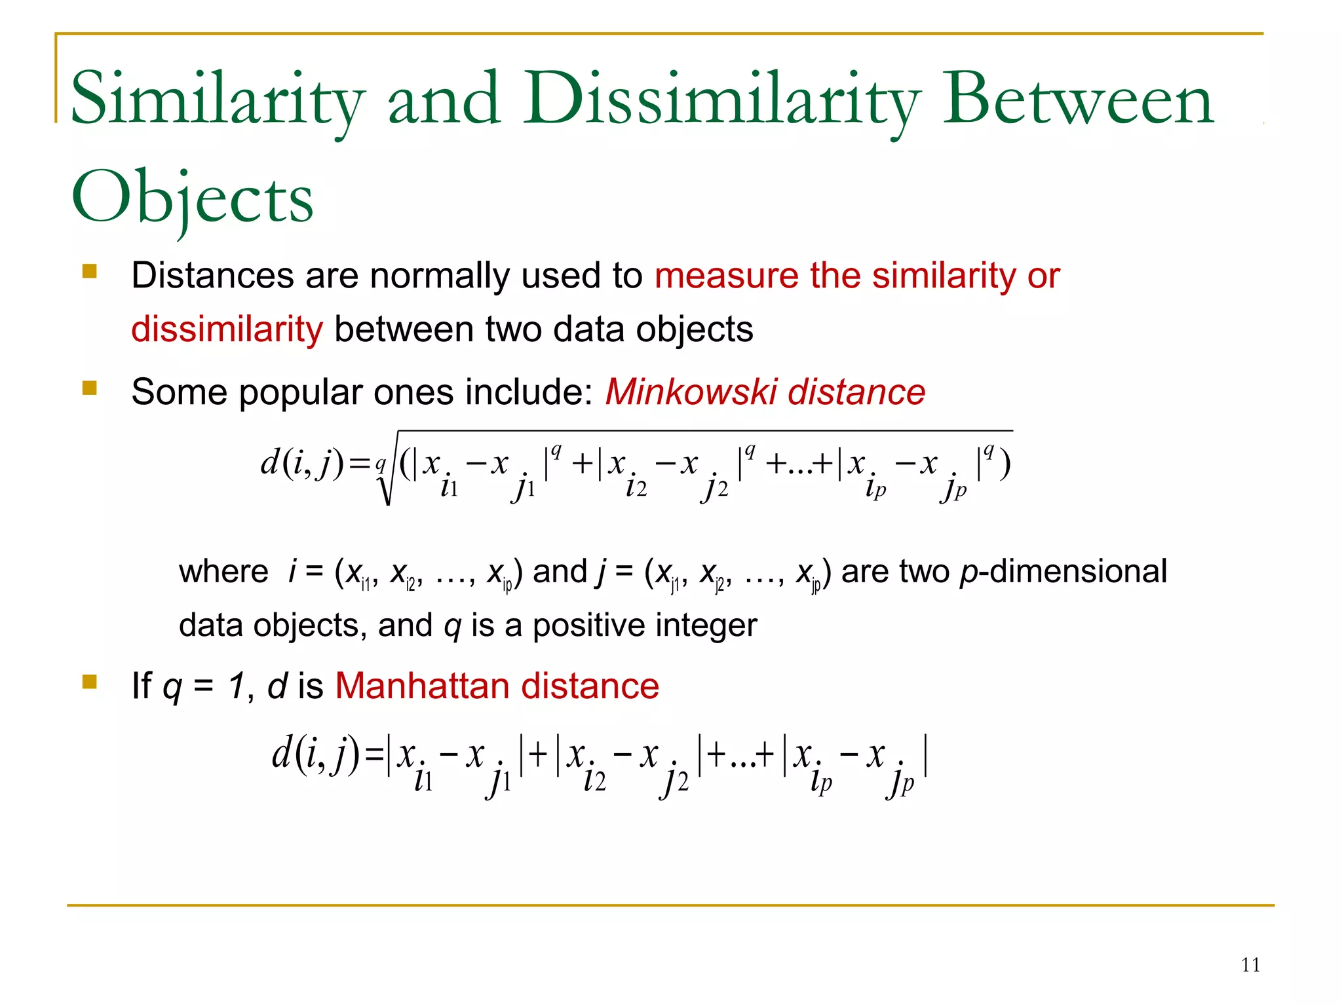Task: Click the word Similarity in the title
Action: coord(216,100)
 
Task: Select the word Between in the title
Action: coord(1078,100)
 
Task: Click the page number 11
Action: coord(1250,965)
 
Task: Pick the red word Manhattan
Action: coord(422,686)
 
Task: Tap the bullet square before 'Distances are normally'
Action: coord(90,271)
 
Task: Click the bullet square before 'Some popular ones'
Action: coord(90,388)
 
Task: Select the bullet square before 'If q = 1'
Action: coord(90,682)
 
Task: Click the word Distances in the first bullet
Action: coord(212,275)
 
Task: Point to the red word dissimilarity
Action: coord(227,329)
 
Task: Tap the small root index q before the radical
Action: coord(379,464)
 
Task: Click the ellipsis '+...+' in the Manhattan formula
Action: coord(740,755)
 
